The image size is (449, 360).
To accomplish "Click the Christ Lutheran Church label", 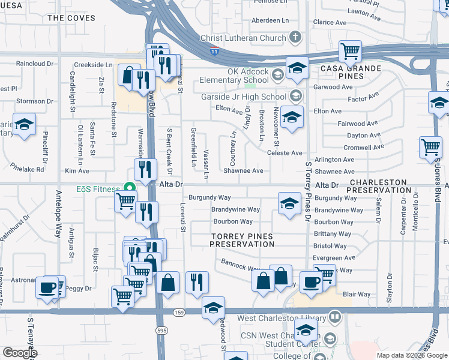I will point(244,38).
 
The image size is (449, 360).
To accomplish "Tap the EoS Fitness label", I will point(98,189).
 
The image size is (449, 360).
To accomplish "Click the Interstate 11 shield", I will point(214,52).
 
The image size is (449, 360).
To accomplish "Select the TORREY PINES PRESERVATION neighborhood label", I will point(243,239).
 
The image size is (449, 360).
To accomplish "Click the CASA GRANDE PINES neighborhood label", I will point(355,73).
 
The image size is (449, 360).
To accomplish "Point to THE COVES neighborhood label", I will point(71,18).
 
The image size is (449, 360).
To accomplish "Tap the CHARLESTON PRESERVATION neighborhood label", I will point(380,186).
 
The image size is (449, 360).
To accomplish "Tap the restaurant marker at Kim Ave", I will point(144,170).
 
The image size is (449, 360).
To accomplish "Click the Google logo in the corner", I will point(20,353).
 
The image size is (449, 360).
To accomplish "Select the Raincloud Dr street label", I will point(35,63).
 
